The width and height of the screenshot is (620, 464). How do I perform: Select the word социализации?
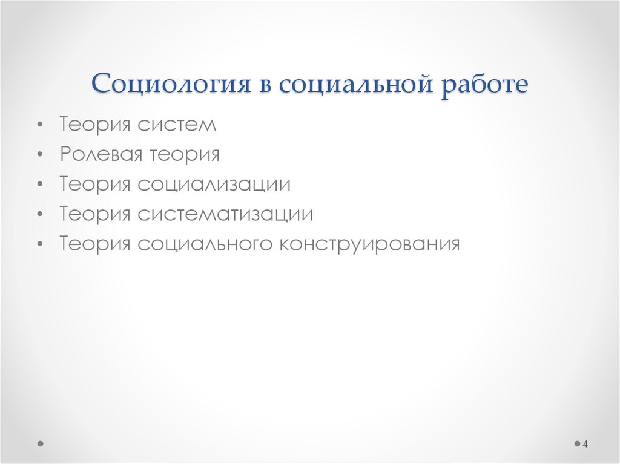(214, 185)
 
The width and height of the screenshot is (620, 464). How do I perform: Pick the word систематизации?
(225, 214)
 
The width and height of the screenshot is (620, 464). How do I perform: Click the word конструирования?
(370, 244)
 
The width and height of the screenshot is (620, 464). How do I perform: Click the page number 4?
(585, 445)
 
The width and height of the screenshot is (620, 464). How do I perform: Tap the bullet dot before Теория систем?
(39, 126)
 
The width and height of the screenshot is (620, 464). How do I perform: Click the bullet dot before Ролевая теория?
(39, 155)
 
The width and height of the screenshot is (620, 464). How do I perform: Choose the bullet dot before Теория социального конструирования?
(39, 244)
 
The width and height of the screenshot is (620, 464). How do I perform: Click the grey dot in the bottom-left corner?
(41, 443)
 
